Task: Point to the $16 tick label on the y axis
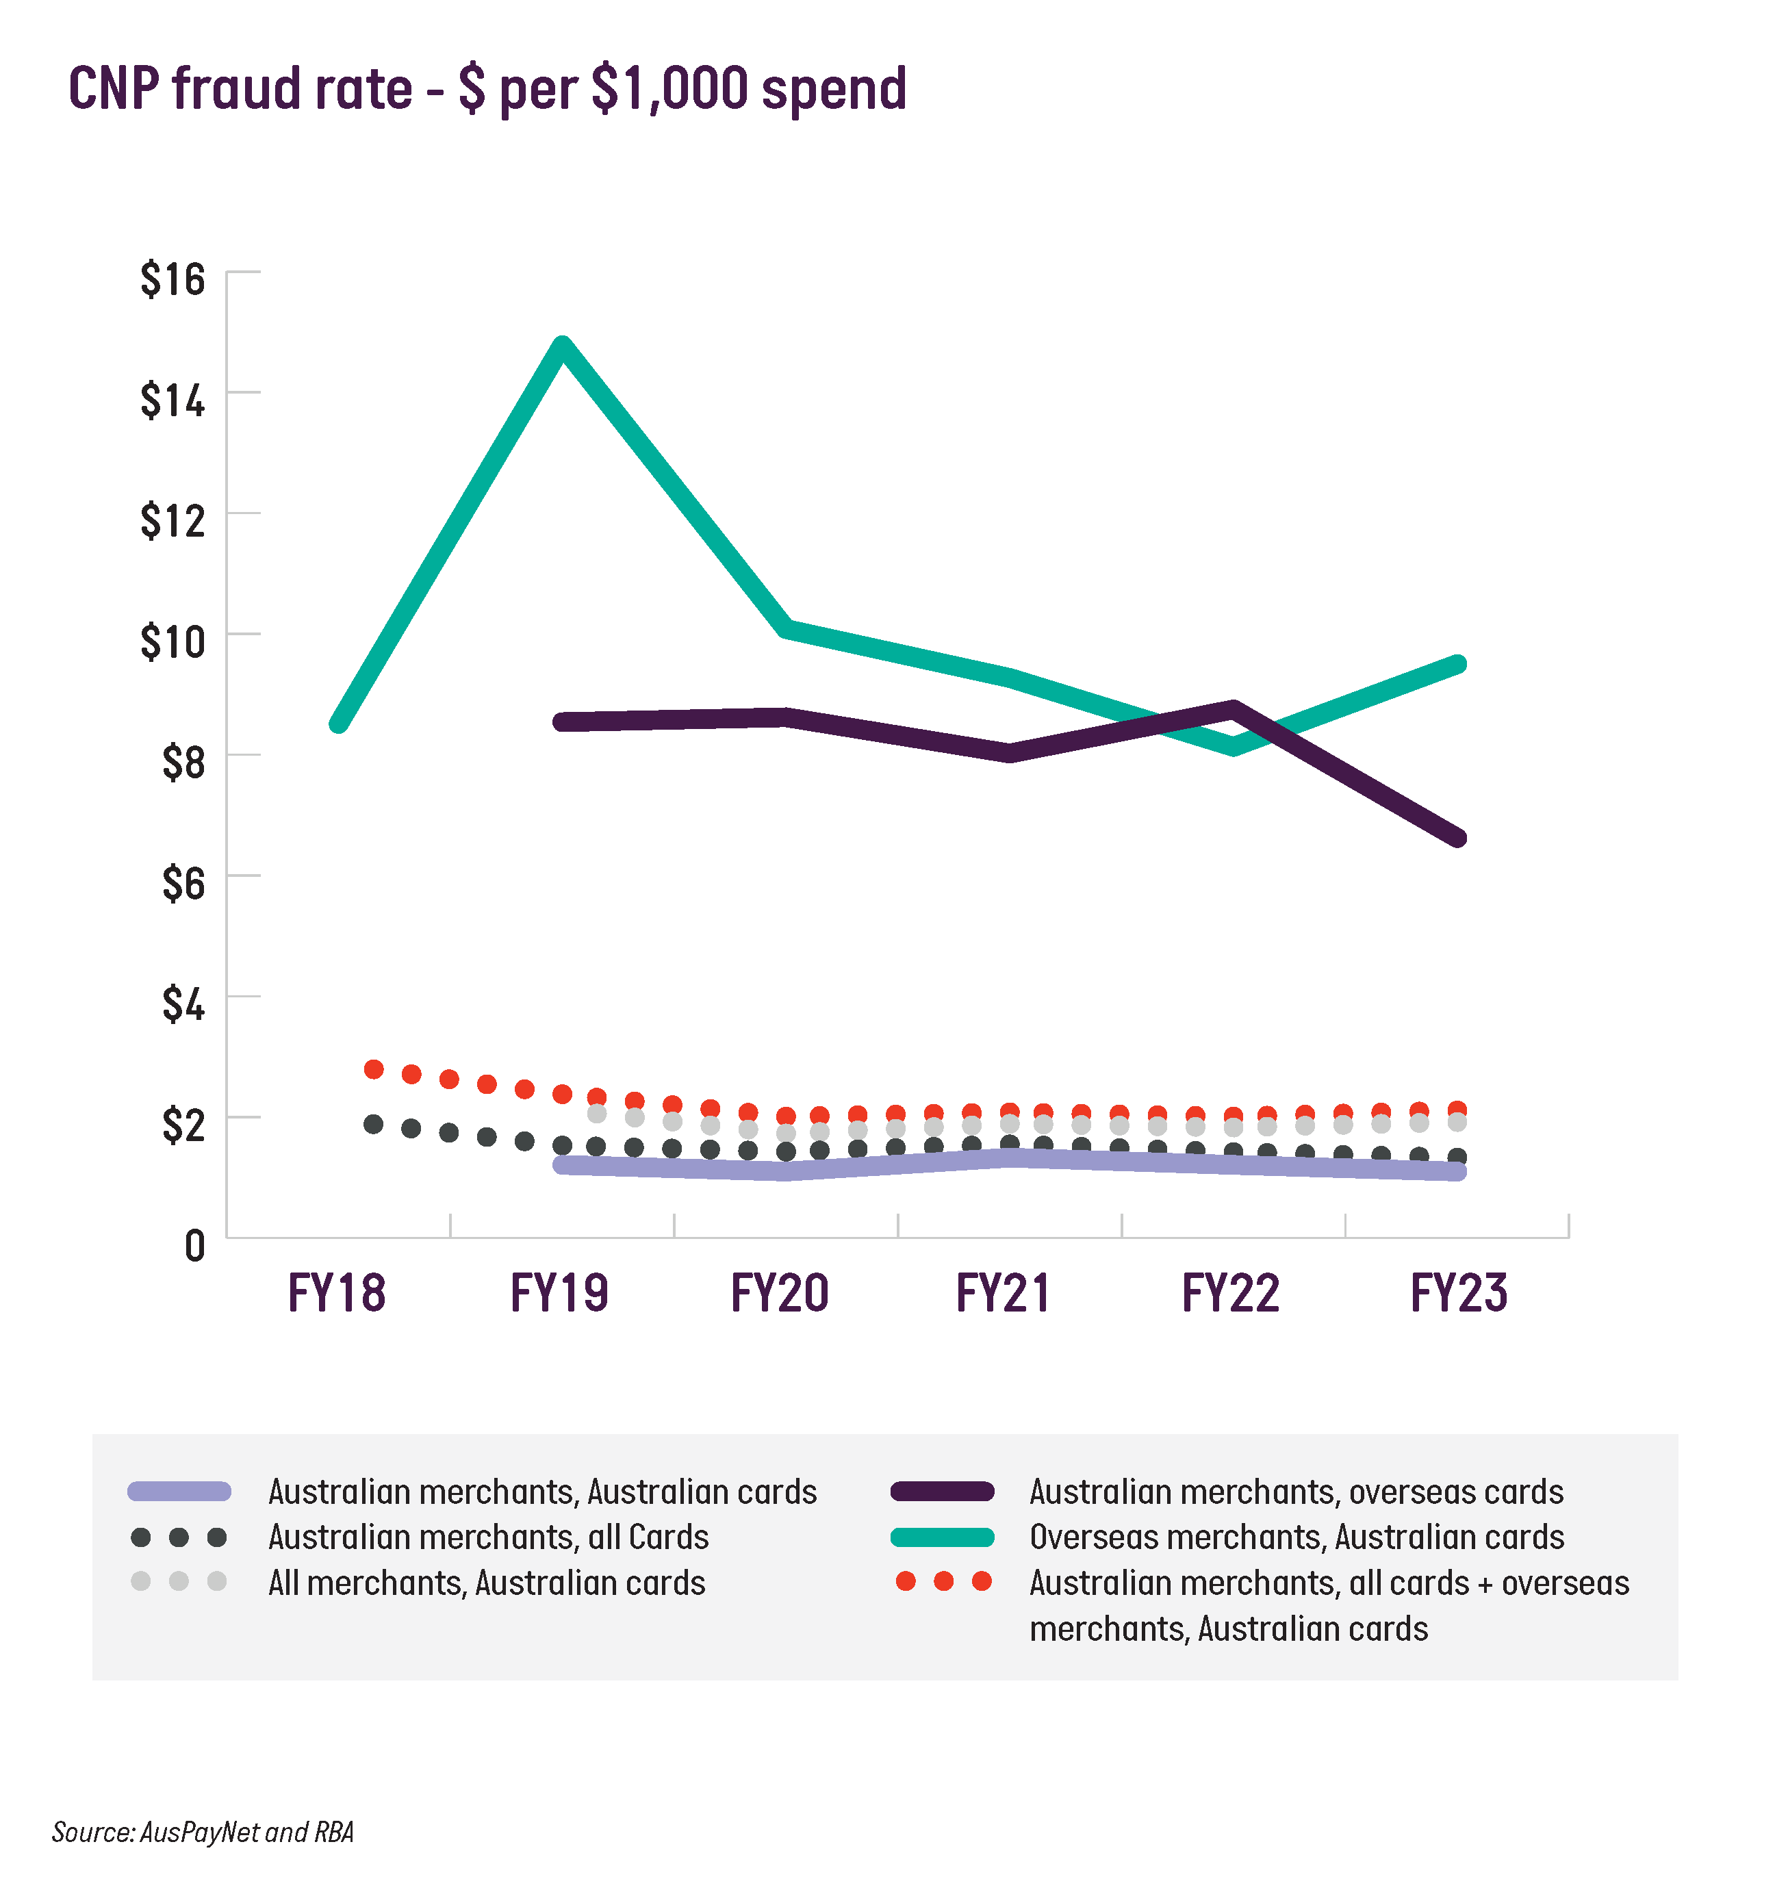(x=173, y=280)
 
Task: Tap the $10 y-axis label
(x=173, y=642)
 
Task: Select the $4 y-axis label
(x=183, y=1005)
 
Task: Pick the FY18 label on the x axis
(x=337, y=1293)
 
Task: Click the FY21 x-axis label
(x=1003, y=1293)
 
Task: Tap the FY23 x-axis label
(x=1458, y=1293)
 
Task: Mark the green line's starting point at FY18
(x=337, y=725)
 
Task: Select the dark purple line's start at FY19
(x=562, y=723)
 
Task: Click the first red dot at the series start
(x=374, y=1070)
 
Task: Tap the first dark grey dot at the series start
(x=374, y=1125)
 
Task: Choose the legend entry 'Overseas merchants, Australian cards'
(x=1297, y=1537)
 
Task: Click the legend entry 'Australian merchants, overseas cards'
(x=1297, y=1492)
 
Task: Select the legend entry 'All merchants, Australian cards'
(x=486, y=1583)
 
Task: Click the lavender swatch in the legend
(x=179, y=1492)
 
